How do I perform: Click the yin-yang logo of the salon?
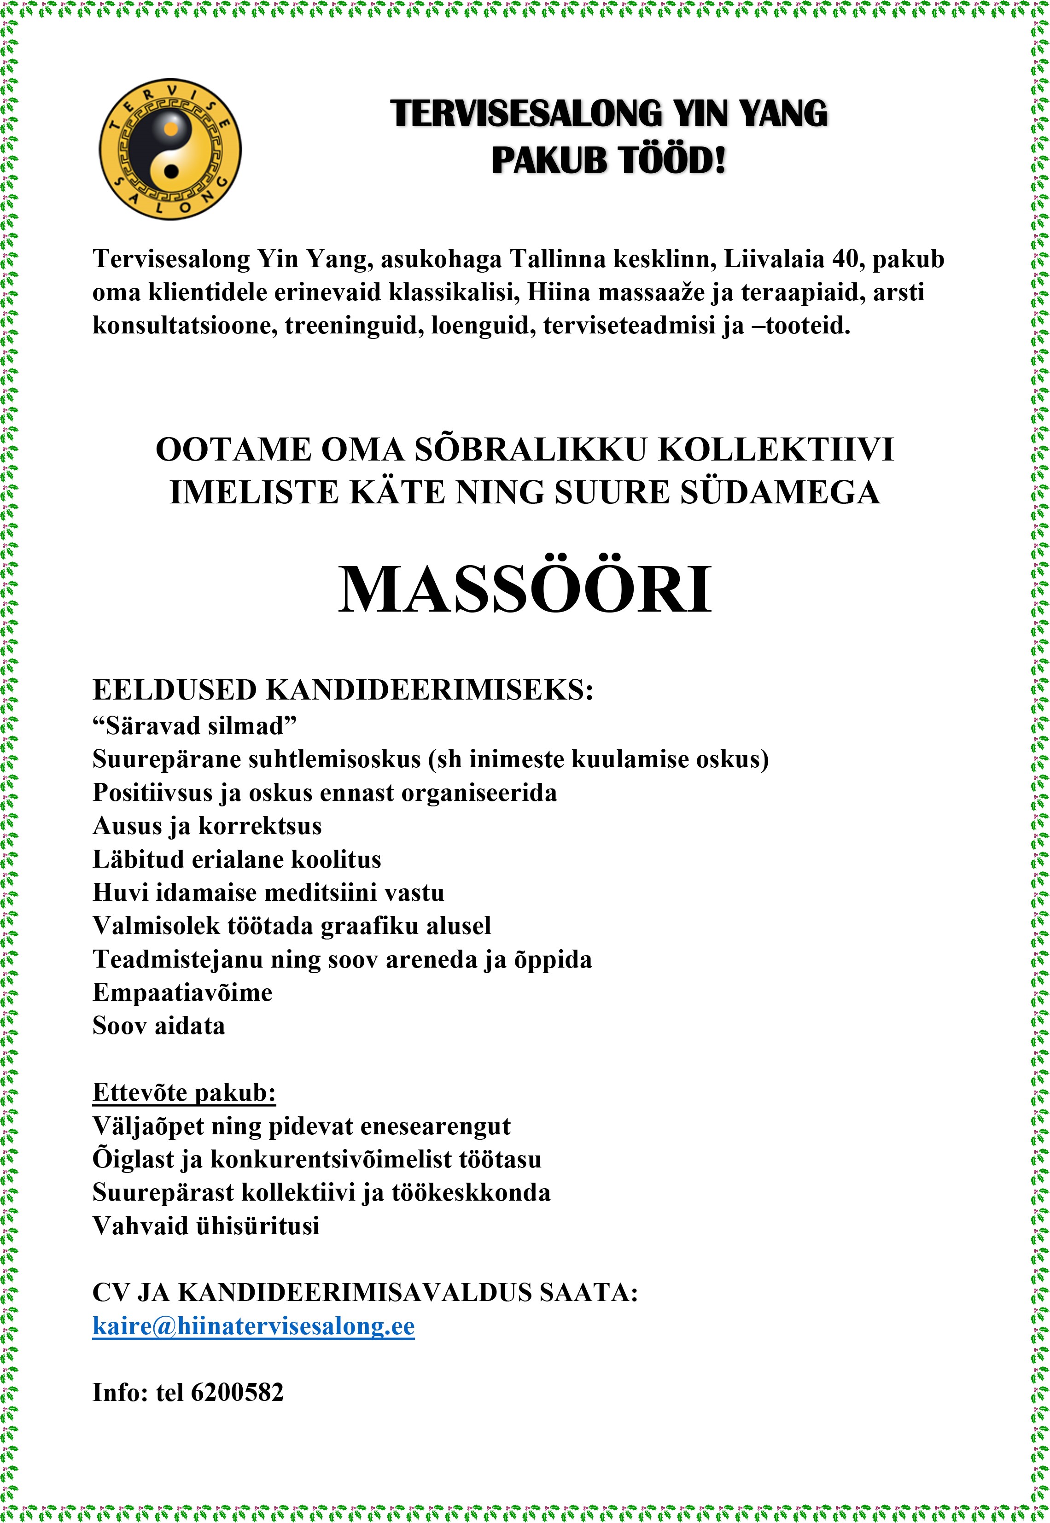coord(170,149)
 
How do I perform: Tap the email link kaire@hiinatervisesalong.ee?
coord(253,1325)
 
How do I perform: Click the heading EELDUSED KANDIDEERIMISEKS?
coord(343,690)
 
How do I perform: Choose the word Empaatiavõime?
coord(182,992)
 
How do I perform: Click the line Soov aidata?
coord(158,1026)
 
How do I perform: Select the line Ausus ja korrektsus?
coord(207,826)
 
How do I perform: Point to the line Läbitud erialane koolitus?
coord(237,859)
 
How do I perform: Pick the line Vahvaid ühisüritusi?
coord(206,1225)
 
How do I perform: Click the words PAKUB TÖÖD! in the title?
coord(608,160)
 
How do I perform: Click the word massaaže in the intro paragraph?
coord(651,292)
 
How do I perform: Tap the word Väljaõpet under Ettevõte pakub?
coord(148,1126)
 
